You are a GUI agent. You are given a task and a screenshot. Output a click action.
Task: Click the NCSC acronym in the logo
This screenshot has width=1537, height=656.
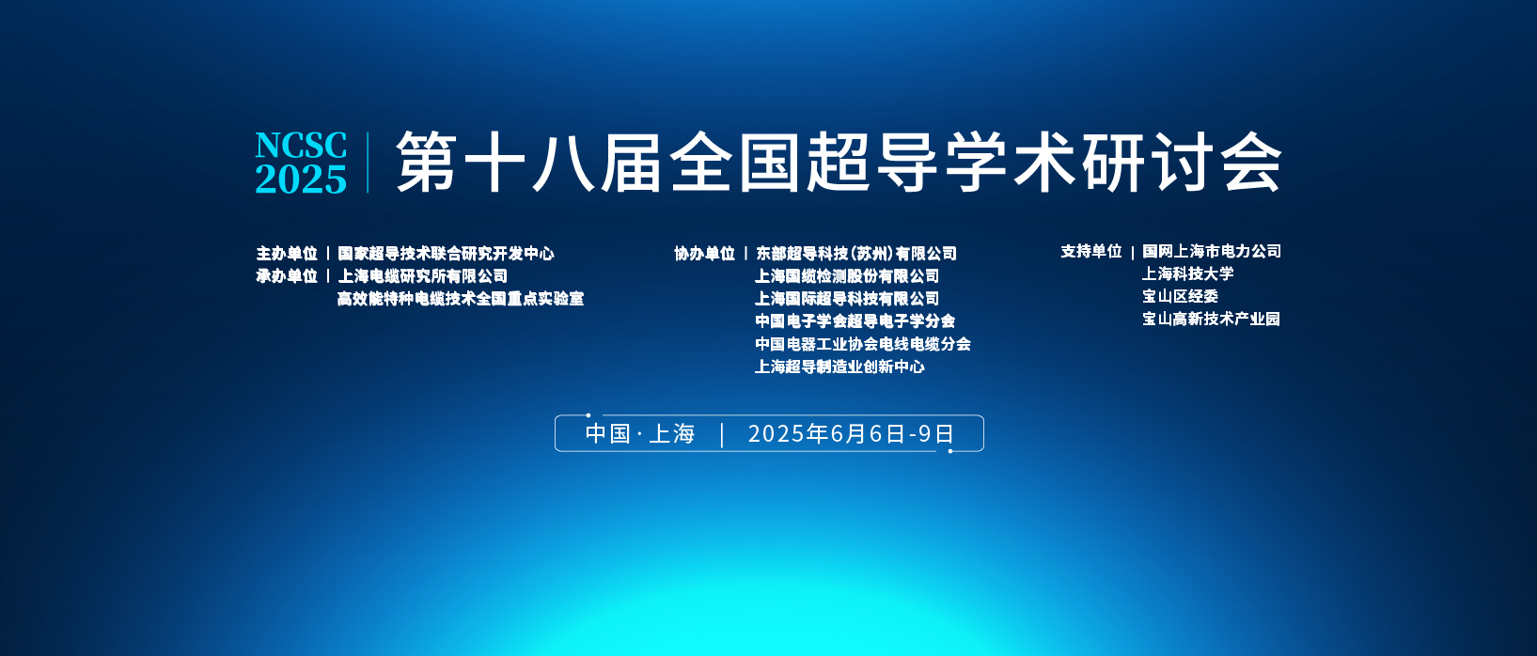point(301,146)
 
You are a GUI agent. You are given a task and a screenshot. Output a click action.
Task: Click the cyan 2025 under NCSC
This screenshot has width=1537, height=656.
point(301,180)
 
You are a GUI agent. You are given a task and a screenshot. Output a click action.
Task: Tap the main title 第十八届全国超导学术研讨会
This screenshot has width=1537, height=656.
point(839,162)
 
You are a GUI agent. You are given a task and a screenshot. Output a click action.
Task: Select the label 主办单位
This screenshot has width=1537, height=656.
point(287,254)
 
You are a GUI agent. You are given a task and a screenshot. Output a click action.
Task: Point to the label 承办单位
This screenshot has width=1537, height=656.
point(287,276)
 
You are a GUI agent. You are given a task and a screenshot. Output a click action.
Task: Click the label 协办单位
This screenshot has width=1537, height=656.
point(705,254)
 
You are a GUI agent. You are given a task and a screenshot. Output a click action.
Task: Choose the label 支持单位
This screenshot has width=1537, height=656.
point(1091,251)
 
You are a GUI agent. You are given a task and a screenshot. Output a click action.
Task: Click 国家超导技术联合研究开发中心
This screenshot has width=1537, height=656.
point(446,254)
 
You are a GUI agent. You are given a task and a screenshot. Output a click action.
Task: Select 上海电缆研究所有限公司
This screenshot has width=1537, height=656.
point(423,276)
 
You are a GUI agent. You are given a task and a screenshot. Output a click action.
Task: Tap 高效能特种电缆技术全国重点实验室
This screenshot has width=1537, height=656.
point(461,299)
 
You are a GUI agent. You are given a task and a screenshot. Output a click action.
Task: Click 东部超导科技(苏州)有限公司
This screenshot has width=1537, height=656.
point(856,254)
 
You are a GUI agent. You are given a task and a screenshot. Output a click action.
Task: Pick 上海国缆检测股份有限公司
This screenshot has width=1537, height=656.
point(847,276)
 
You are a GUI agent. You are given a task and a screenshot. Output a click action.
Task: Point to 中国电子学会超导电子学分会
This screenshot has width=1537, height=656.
point(855,321)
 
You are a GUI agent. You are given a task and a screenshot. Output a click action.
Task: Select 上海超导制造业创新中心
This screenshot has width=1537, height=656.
point(839,367)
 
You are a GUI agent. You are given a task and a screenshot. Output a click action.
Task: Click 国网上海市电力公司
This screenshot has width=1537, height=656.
point(1212,251)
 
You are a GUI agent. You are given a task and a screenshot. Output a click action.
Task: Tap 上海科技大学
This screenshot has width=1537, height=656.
point(1187,273)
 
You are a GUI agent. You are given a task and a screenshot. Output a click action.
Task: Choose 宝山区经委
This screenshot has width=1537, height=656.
point(1180,296)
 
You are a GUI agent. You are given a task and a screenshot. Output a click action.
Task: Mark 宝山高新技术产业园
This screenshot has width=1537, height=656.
point(1211,320)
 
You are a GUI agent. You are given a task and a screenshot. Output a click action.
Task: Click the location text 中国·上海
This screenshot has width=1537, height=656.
point(640,433)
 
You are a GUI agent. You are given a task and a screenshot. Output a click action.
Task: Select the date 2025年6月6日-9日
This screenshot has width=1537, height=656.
point(851,433)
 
